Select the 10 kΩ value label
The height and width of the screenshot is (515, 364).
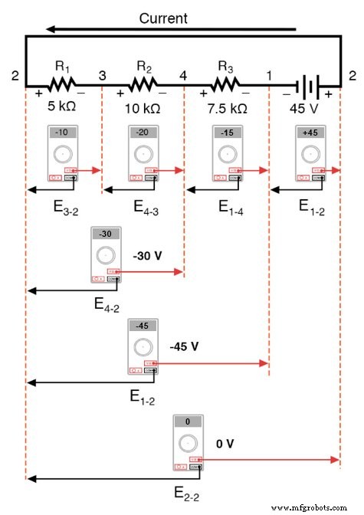point(143,108)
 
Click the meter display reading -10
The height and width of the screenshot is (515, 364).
point(62,133)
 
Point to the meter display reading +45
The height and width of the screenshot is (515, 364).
point(310,133)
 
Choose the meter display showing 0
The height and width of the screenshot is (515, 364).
point(186,421)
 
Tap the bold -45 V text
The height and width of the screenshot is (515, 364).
point(184,346)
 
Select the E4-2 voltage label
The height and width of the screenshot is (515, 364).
point(107,304)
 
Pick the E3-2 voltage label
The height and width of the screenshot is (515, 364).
point(60,205)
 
